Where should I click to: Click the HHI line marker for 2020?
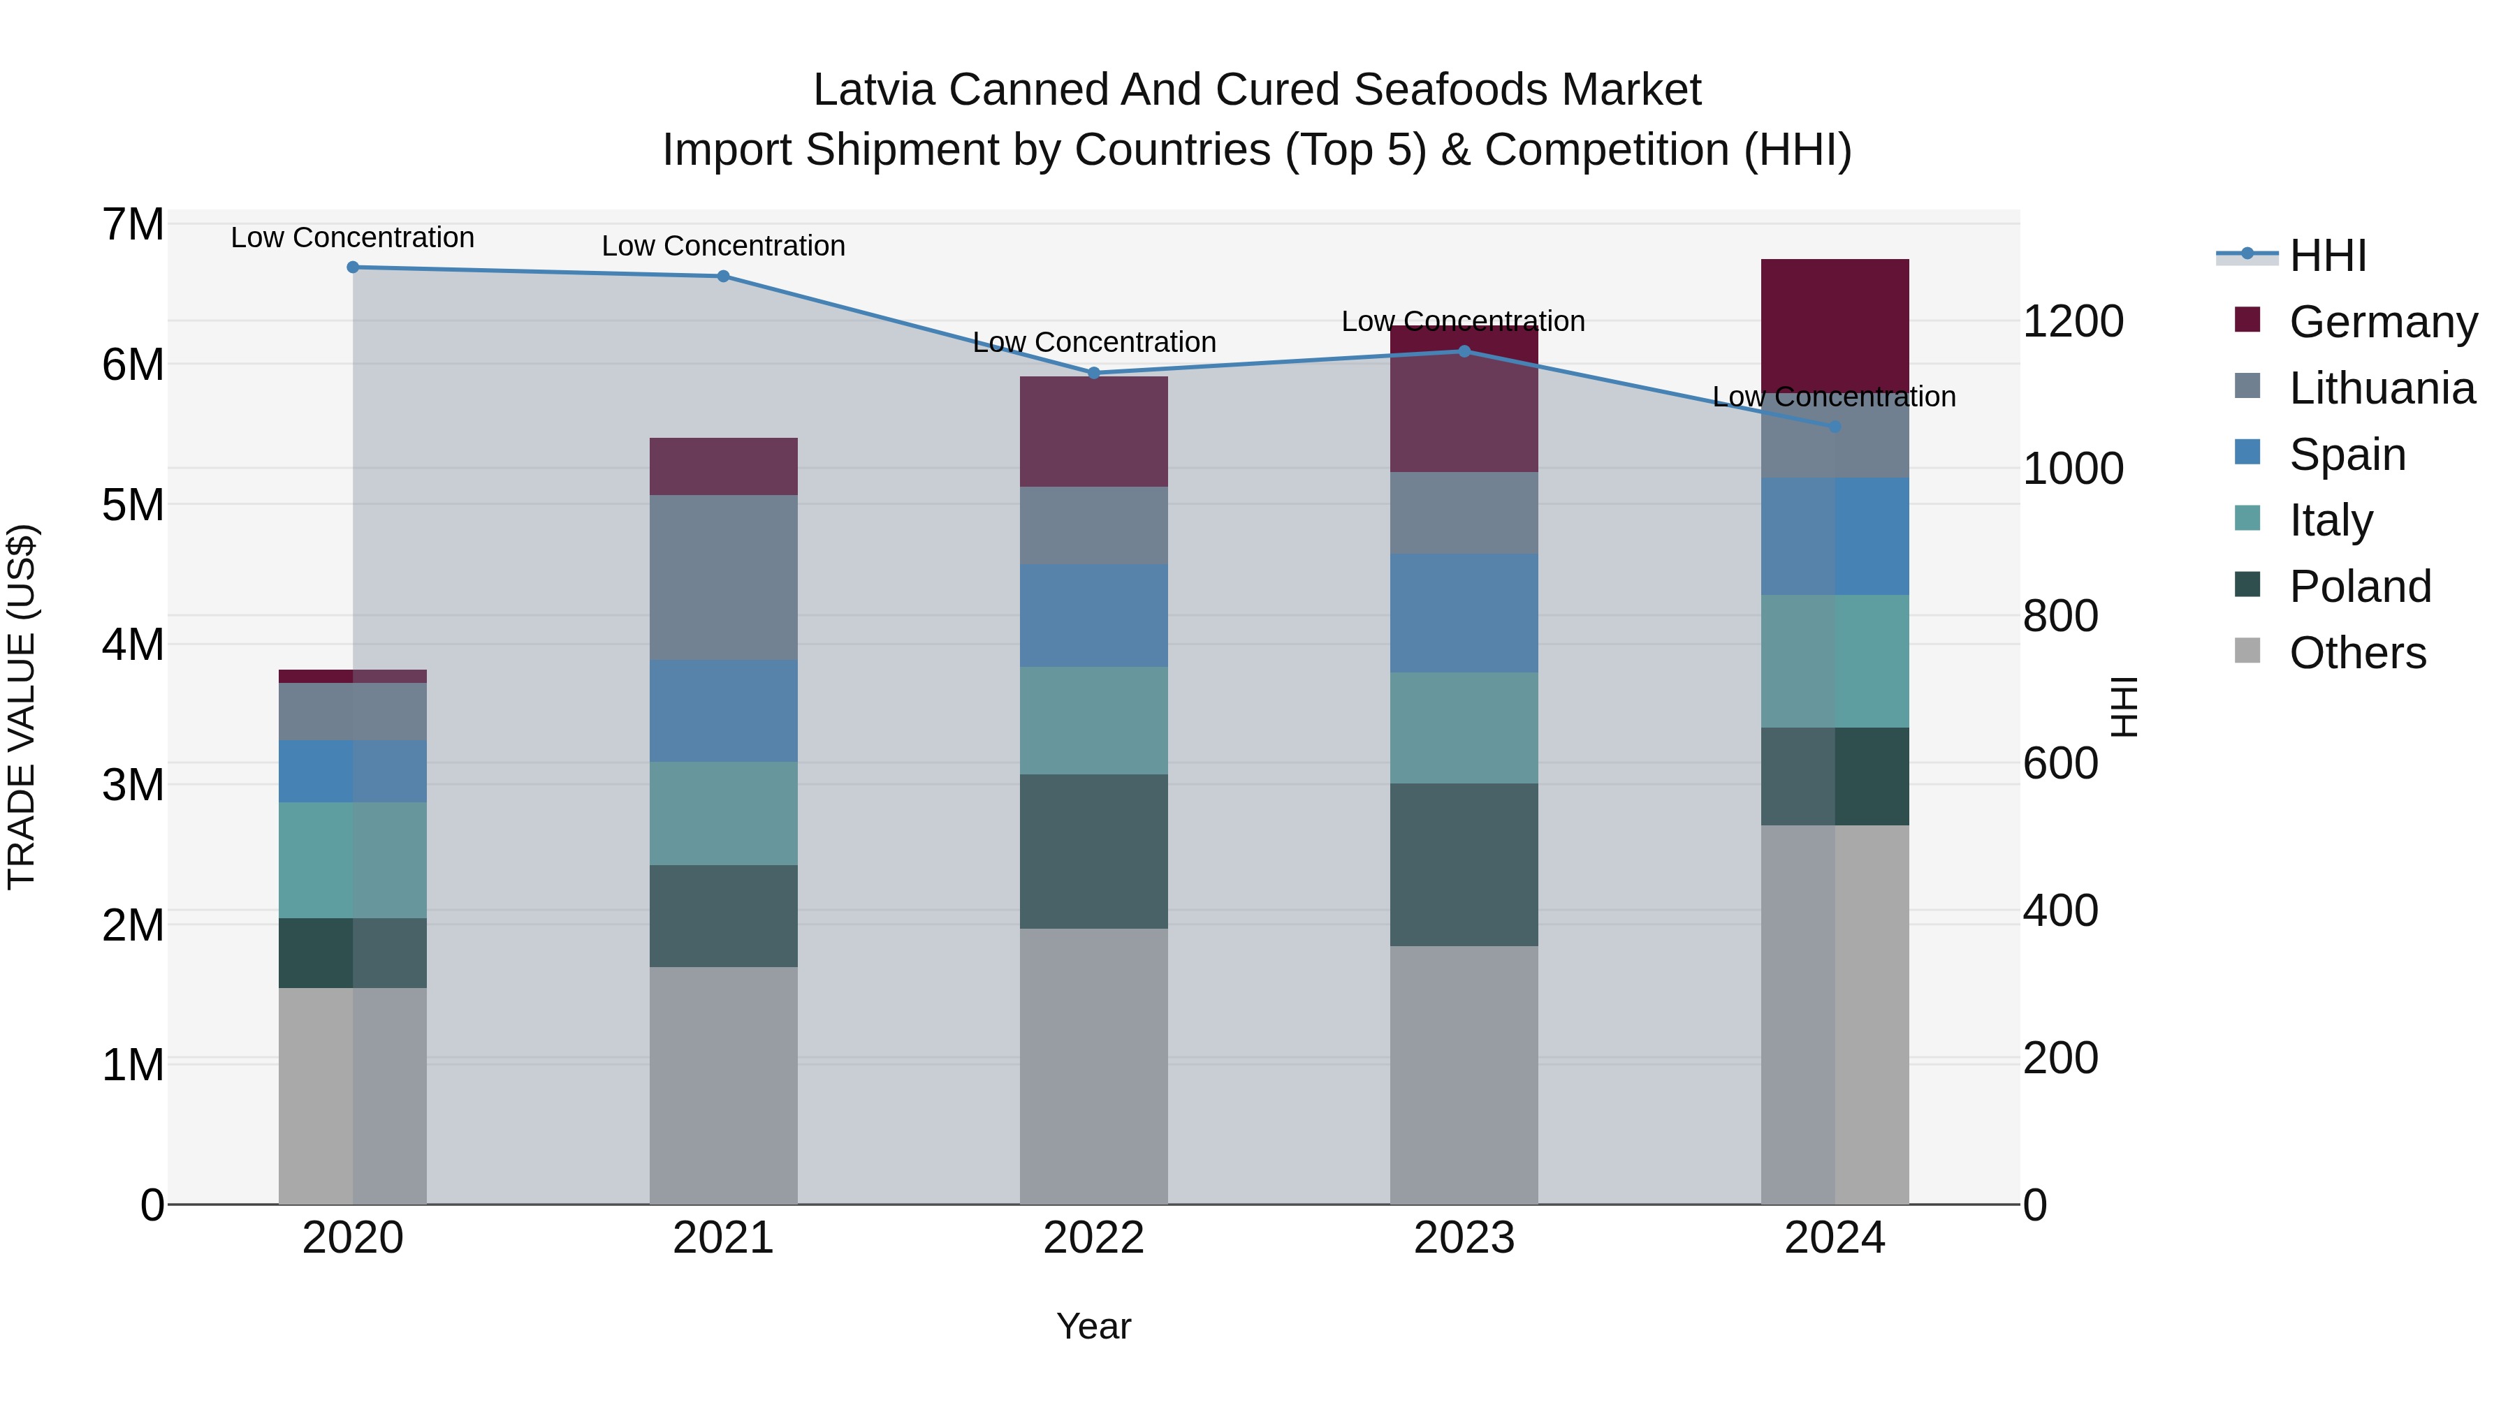click(353, 267)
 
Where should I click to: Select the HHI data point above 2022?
click(1093, 373)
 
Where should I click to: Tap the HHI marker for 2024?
click(1834, 427)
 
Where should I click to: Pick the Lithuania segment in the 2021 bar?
click(724, 577)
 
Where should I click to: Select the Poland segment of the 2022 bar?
click(1093, 851)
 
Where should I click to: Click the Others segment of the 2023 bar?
click(1464, 1073)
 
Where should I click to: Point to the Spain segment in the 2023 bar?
click(1464, 613)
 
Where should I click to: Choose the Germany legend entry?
click(2382, 322)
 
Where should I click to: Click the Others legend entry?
click(2357, 653)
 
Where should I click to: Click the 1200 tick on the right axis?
click(2073, 321)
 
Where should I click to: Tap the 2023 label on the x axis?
click(1464, 1238)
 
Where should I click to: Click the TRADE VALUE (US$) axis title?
click(22, 707)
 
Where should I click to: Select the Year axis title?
click(1093, 1326)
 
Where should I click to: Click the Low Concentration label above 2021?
click(724, 246)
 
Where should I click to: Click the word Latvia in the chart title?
click(874, 90)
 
